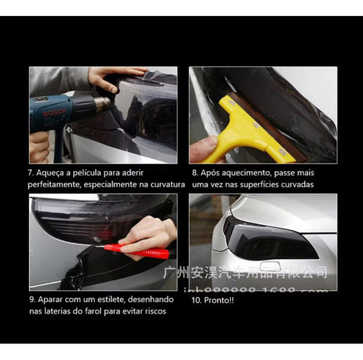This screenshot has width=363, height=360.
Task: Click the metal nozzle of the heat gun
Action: pyautogui.click(x=102, y=105)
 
